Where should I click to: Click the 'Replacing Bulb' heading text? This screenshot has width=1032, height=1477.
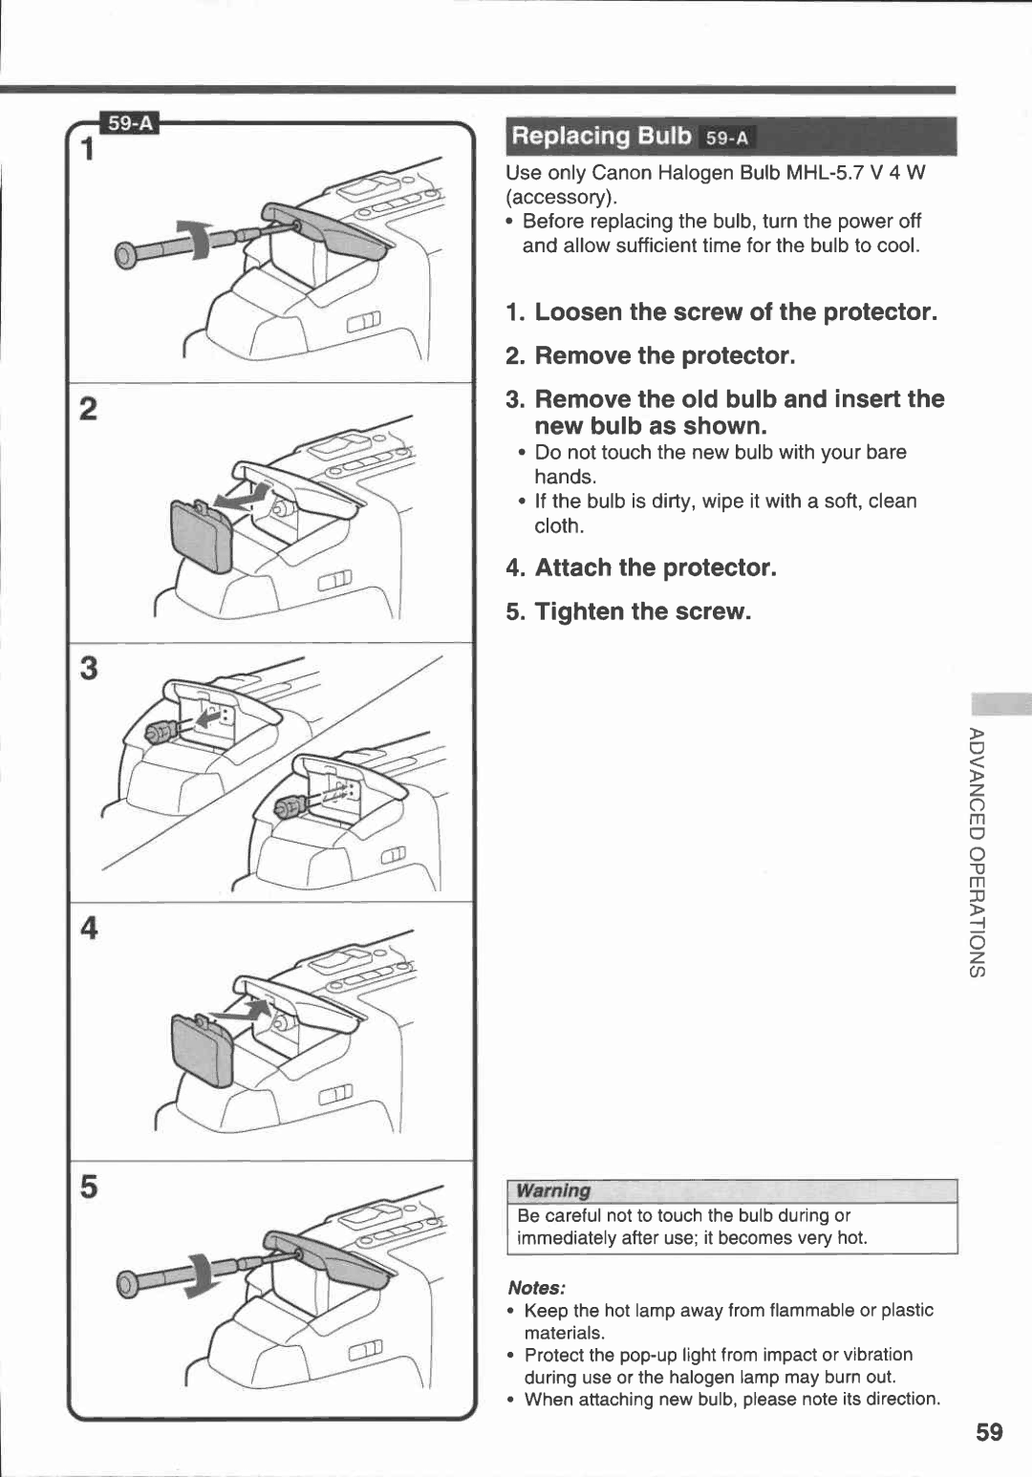click(601, 136)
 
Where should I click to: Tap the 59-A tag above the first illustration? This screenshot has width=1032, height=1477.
click(131, 123)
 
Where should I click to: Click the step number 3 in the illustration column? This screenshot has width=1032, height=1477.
click(88, 668)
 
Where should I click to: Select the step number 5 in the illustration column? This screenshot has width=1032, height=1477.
click(88, 1187)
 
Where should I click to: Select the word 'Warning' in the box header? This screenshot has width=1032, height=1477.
click(553, 1190)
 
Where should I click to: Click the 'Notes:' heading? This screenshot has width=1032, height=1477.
click(537, 1287)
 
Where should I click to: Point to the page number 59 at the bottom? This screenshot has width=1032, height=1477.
click(990, 1431)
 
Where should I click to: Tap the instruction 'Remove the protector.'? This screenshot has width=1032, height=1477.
click(664, 356)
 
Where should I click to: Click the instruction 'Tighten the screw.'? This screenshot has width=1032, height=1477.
click(642, 611)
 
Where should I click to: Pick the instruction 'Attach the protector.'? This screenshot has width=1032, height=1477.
click(655, 567)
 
